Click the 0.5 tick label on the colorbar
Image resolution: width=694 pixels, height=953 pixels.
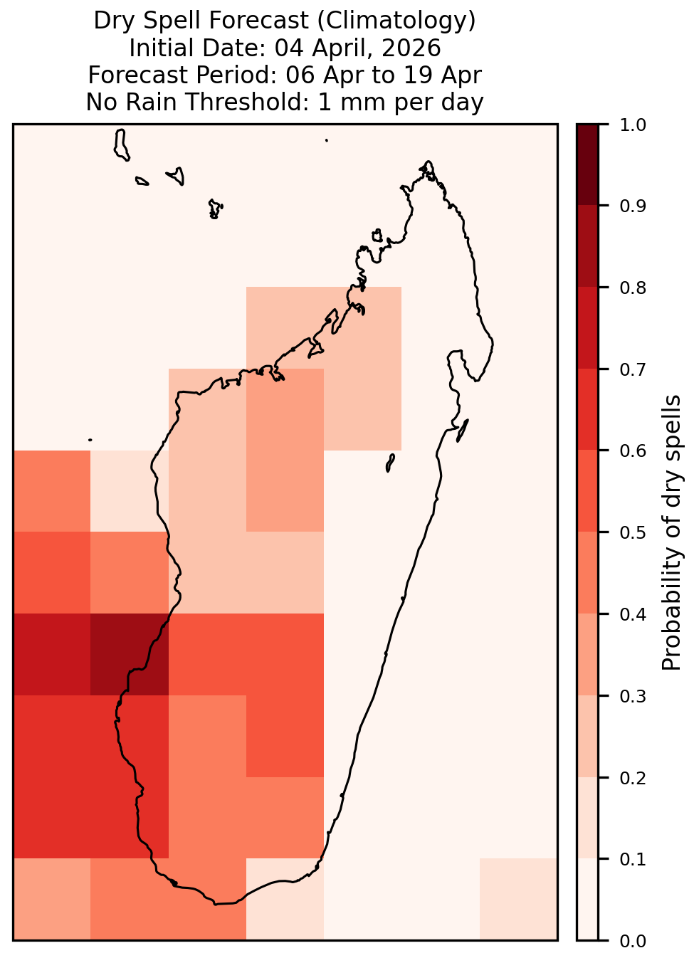coord(632,532)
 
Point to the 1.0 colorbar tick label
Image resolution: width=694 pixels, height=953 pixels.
coord(632,125)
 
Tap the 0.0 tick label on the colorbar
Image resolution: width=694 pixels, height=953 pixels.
coord(632,941)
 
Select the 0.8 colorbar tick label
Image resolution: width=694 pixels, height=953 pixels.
coord(632,288)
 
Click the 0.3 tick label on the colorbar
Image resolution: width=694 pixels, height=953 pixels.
coord(632,696)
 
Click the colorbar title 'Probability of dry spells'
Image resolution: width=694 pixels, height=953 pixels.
coord(671,532)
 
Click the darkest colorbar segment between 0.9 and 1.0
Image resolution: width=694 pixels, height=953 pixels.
coord(588,165)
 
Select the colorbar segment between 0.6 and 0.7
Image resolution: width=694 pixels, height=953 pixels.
coord(588,410)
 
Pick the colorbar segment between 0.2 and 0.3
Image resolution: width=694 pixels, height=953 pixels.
coord(588,737)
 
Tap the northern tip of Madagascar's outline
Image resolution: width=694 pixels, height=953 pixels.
coord(428,162)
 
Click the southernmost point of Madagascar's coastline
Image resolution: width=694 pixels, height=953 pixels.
coord(216,904)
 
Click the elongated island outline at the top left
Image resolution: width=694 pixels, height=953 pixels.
coord(121,145)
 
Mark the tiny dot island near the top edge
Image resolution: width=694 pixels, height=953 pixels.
coord(327,140)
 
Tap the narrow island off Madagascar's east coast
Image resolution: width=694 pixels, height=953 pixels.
coord(463,431)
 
